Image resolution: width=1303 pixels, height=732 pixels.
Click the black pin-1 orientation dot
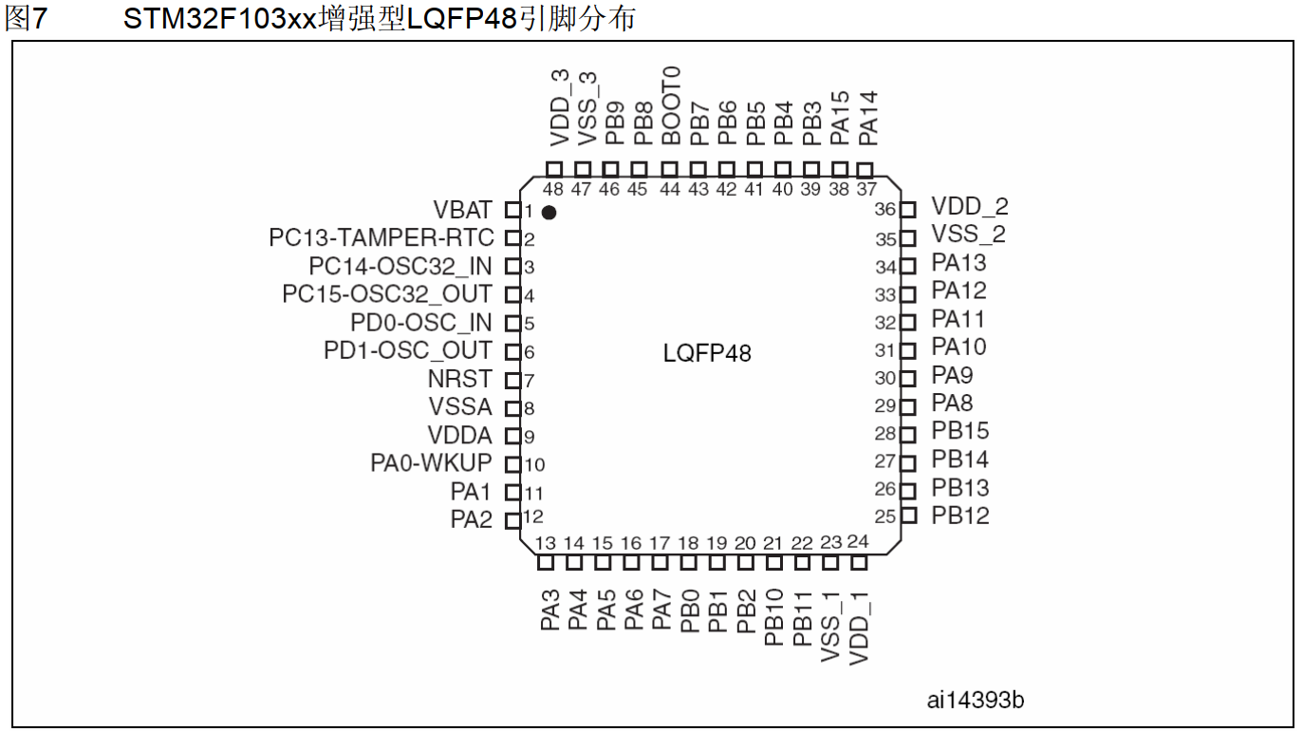pyautogui.click(x=549, y=213)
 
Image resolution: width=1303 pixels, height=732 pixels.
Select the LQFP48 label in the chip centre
pyautogui.click(x=707, y=354)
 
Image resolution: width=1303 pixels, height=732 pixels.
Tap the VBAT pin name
pyautogui.click(x=462, y=210)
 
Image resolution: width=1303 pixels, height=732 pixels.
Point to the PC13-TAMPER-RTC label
pyautogui.click(x=382, y=238)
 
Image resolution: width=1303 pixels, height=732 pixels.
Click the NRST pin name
pyautogui.click(x=459, y=380)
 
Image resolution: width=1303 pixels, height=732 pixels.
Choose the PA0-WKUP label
pyautogui.click(x=431, y=464)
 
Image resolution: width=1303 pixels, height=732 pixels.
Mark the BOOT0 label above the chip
pyautogui.click(x=672, y=105)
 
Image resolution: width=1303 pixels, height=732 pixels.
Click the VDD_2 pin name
pyautogui.click(x=970, y=207)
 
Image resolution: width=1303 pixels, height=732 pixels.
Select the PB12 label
pyautogui.click(x=960, y=516)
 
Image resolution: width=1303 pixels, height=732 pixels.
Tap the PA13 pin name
pyautogui.click(x=959, y=263)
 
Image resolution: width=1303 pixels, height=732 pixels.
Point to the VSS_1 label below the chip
pyautogui.click(x=830, y=626)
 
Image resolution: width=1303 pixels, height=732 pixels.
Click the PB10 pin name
pyautogui.click(x=774, y=617)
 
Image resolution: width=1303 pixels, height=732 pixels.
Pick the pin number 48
pyautogui.click(x=553, y=189)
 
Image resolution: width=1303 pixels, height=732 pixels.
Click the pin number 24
pyautogui.click(x=858, y=542)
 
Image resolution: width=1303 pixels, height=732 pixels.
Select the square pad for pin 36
pyautogui.click(x=908, y=209)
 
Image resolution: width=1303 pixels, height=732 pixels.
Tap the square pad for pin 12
pyautogui.click(x=512, y=519)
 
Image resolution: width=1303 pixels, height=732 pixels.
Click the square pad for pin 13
pyautogui.click(x=546, y=563)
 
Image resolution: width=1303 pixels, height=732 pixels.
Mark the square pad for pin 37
pyautogui.click(x=865, y=169)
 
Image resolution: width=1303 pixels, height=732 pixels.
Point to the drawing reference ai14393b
pyautogui.click(x=975, y=701)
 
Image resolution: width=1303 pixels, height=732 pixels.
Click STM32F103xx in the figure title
pyautogui.click(x=219, y=18)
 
